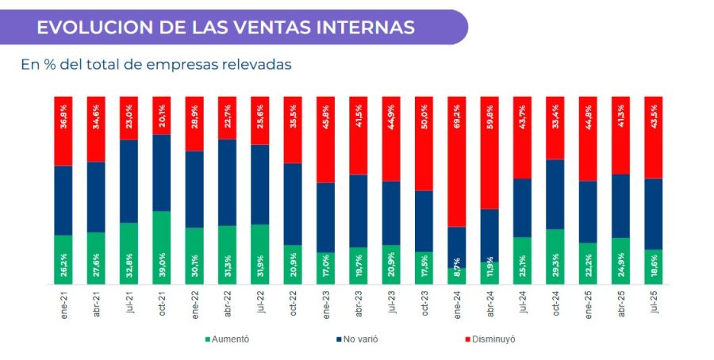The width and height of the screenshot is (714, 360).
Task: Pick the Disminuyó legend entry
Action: pyautogui.click(x=488, y=339)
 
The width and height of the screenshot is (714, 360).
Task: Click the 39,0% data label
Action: pyautogui.click(x=162, y=268)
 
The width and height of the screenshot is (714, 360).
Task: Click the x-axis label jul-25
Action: pyautogui.click(x=654, y=304)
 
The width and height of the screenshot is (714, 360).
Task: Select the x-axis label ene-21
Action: pyautogui.click(x=63, y=304)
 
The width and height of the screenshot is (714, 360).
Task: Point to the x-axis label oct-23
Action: pyautogui.click(x=424, y=304)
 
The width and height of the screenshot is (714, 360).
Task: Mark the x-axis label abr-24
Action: pyautogui.click(x=489, y=304)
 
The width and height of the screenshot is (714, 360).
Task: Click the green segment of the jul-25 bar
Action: pyautogui.click(x=654, y=266)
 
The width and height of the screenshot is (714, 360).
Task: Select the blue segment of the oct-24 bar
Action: pyautogui.click(x=555, y=194)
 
